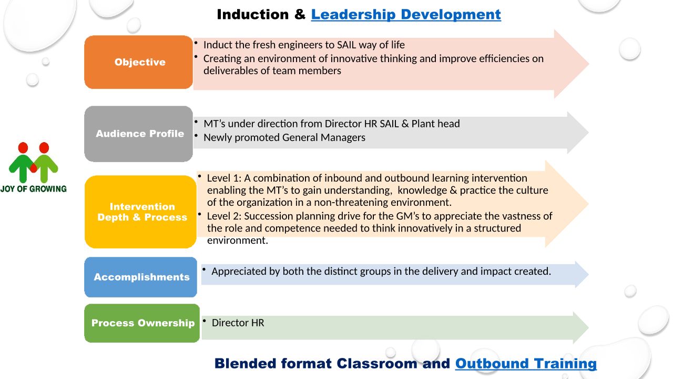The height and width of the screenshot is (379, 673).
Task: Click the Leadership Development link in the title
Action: pos(406,15)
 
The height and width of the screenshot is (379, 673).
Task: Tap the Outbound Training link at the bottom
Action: pos(526,364)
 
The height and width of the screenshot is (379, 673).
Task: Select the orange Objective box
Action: pos(138,62)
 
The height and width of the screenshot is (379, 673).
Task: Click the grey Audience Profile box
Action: pos(138,134)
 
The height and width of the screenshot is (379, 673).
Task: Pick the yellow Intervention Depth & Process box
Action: pos(140,212)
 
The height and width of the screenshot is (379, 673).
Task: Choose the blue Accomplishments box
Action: pos(140,277)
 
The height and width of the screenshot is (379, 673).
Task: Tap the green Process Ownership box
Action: pos(142,323)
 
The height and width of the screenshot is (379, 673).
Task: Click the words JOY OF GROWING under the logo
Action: pos(33,189)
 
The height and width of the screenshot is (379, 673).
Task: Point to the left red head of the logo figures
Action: pos(23,148)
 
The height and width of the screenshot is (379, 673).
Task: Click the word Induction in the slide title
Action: pos(253,15)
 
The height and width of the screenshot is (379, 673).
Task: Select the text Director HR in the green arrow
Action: pos(238,323)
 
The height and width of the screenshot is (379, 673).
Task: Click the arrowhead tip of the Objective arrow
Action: pos(588,64)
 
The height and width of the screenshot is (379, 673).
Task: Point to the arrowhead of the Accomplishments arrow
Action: pos(582,274)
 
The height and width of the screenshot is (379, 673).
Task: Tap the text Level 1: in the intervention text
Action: pos(224,178)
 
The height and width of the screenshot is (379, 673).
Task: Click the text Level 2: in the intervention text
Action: pos(224,216)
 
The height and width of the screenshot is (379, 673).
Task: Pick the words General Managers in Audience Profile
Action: pos(324,138)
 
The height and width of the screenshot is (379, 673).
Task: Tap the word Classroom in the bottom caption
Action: pos(377,364)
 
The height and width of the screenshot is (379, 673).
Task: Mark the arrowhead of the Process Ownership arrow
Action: pos(581,328)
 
